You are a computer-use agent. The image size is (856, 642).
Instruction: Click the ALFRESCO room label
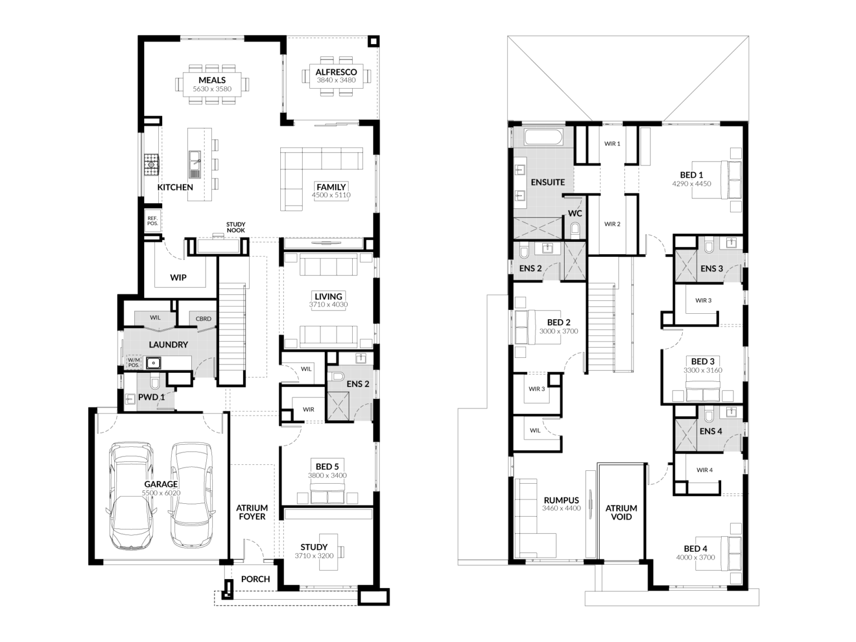click(336, 72)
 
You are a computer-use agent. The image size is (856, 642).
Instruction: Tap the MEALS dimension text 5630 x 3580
click(212, 89)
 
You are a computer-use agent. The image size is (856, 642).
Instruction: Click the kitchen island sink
click(194, 164)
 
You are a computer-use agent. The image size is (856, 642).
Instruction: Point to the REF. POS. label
click(153, 221)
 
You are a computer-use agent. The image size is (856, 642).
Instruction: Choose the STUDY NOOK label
click(236, 227)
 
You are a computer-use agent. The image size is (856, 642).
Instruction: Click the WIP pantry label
click(178, 278)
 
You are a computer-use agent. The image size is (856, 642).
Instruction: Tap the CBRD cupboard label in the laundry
click(203, 319)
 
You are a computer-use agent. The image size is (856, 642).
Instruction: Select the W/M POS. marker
click(134, 362)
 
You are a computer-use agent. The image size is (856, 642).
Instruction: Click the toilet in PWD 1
click(155, 382)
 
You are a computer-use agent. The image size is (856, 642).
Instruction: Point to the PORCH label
click(255, 579)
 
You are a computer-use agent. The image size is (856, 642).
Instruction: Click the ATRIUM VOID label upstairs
click(621, 513)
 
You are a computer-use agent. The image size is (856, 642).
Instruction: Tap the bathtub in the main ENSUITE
click(543, 138)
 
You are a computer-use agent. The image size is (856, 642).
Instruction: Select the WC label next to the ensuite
click(575, 213)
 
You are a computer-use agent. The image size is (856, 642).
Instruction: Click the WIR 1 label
click(612, 144)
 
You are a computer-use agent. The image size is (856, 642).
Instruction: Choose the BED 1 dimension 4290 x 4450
click(692, 183)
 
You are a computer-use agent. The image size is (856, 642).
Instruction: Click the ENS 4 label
click(711, 431)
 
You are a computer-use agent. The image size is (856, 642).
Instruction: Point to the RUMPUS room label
click(561, 500)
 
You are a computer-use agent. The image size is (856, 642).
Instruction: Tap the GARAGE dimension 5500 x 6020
click(161, 493)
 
